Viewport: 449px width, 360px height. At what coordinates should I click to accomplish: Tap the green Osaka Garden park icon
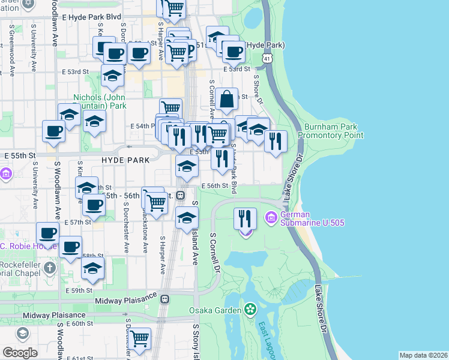[250, 310]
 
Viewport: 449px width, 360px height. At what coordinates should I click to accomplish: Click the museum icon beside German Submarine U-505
[271, 217]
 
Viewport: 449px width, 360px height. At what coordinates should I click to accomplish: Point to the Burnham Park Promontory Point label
[334, 131]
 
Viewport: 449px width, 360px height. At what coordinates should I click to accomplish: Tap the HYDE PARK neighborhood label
[121, 160]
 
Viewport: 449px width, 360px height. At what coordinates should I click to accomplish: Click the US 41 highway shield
[267, 58]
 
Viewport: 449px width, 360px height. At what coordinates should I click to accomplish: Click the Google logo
[20, 353]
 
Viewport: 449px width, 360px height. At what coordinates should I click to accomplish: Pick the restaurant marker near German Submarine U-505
[245, 218]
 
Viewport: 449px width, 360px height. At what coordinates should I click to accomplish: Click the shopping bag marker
[228, 100]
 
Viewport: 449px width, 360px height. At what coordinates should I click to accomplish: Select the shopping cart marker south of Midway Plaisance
[140, 339]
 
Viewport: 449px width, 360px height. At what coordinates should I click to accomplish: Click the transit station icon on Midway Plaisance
[165, 298]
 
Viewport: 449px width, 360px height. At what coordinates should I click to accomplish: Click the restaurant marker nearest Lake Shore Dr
[276, 142]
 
